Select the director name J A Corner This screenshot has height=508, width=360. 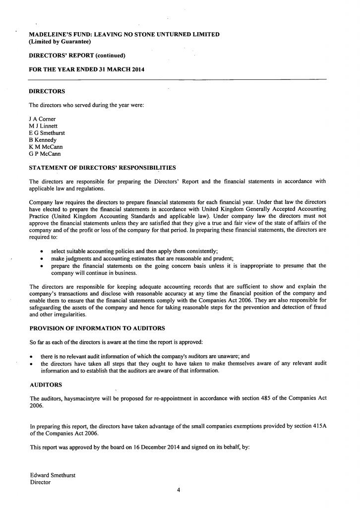point(43,119)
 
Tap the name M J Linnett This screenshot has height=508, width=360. point(43,126)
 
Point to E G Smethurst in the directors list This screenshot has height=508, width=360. point(47,133)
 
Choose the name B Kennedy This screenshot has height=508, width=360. point(43,140)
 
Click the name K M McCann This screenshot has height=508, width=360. point(46,147)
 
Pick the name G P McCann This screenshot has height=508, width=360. point(45,154)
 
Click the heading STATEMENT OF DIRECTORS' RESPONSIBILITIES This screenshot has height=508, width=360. point(102,168)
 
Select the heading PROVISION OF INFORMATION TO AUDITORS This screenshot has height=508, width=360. point(97,328)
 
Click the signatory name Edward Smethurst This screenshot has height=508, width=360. point(53,475)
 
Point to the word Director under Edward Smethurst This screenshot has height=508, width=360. point(40,482)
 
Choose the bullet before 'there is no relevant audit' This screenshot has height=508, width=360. point(32,357)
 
